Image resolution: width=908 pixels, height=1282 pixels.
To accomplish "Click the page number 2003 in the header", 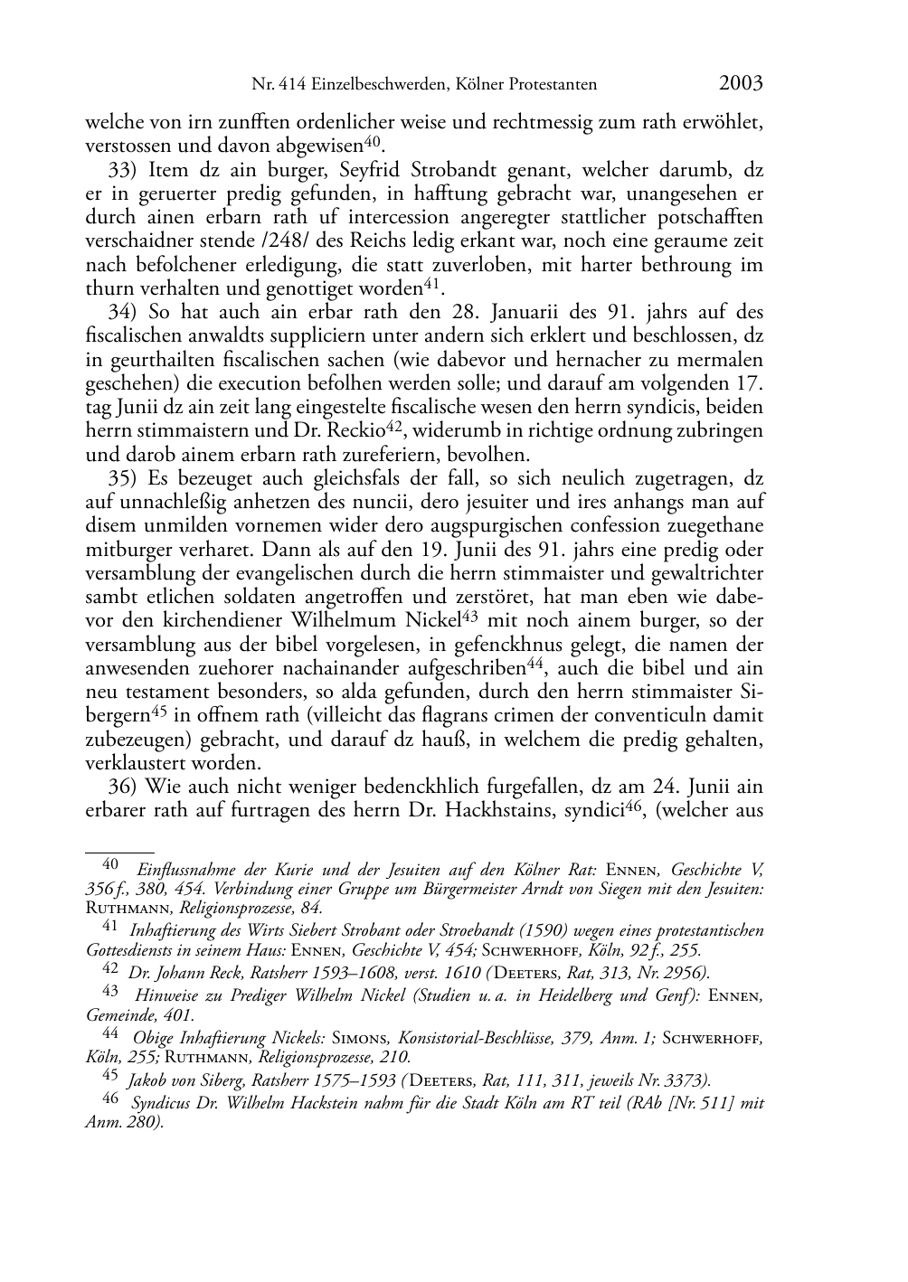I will tap(741, 84).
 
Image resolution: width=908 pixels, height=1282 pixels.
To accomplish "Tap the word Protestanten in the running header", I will tap(553, 85).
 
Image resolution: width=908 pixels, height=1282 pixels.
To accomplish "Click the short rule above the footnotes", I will tap(119, 851).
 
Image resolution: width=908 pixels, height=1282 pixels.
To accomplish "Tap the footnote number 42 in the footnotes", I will tap(110, 970).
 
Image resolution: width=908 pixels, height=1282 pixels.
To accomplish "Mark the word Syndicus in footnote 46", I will tap(164, 1103).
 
